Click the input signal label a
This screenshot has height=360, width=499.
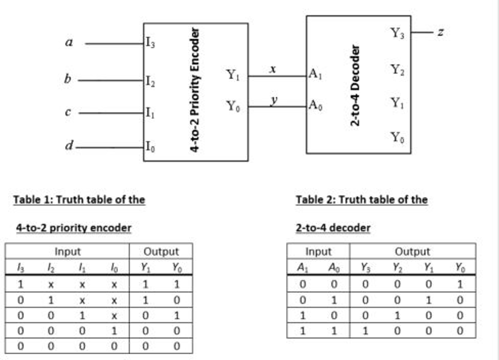69,43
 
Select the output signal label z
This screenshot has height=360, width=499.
440,33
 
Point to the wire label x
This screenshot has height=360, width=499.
273,70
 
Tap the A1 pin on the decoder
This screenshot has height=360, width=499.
315,75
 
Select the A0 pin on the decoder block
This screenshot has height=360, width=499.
315,105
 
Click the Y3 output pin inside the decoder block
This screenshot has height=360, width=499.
397,33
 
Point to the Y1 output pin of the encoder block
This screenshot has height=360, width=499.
232,75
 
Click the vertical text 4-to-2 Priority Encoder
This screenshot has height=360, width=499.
194,90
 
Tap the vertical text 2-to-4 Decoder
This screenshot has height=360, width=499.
356,85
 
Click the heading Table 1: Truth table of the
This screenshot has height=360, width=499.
79,199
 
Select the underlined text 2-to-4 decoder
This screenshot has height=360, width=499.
333,227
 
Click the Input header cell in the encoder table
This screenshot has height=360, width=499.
67,251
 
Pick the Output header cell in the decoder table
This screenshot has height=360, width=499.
412,251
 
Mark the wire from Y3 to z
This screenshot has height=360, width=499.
422,33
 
